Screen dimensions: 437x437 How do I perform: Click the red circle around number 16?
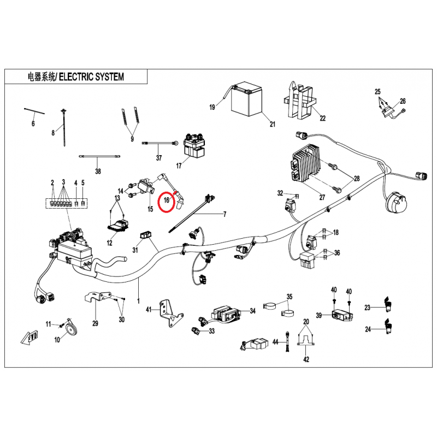click(167, 202)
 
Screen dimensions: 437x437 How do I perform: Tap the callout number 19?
click(212, 108)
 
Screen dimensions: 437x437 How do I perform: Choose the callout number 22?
click(322, 118)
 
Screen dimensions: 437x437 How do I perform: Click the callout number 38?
click(98, 171)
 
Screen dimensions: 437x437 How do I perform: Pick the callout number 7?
click(223, 215)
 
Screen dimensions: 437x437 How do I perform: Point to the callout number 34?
click(252, 311)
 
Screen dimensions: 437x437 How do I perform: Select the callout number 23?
click(368, 308)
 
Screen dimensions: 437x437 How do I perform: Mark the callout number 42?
click(306, 359)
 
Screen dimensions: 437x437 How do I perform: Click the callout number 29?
click(95, 323)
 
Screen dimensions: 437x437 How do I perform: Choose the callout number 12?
click(109, 243)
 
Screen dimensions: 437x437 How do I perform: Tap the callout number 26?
click(403, 101)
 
